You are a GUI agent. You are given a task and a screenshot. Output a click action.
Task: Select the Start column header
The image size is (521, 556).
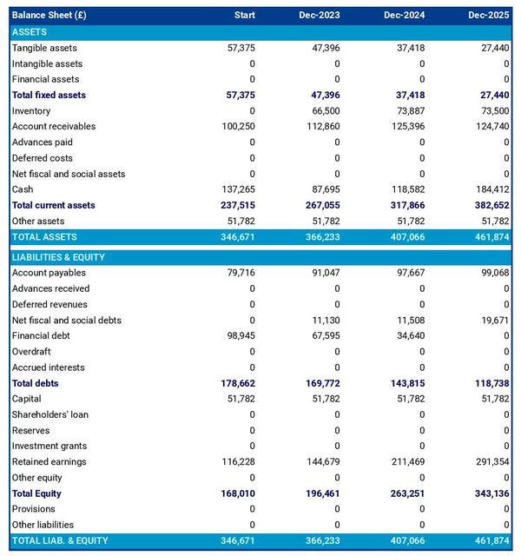click(244, 16)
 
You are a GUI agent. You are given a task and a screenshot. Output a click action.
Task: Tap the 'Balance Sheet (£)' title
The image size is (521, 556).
click(49, 16)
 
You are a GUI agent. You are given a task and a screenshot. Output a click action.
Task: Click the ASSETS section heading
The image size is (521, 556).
click(30, 31)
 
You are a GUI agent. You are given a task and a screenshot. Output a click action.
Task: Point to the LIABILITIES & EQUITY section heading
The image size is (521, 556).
click(57, 257)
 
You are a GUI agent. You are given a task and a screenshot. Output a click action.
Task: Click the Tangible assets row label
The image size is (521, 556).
click(44, 48)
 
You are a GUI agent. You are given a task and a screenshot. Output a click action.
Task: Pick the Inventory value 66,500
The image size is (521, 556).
click(326, 111)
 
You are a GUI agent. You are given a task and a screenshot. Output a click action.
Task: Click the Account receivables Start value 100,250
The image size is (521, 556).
click(238, 127)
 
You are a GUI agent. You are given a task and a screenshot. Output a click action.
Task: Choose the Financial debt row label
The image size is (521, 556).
click(43, 336)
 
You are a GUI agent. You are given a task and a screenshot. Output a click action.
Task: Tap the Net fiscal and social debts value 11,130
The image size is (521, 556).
click(326, 321)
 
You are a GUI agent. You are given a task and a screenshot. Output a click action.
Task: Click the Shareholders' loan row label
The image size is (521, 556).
click(49, 415)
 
